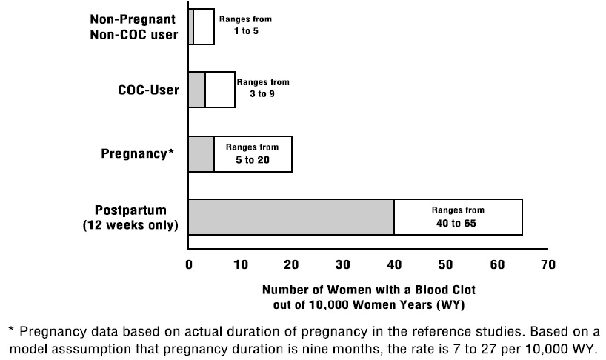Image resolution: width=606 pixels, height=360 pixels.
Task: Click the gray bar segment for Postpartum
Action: click(x=291, y=217)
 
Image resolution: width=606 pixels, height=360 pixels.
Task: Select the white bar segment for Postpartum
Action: click(x=458, y=217)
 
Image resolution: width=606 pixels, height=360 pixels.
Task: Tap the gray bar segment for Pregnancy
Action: click(x=202, y=154)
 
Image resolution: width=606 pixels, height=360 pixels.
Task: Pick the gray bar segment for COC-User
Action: click(x=197, y=90)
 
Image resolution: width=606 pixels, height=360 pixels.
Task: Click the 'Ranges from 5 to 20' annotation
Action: click(x=253, y=154)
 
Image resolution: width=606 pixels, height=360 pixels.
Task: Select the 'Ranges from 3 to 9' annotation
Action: click(x=262, y=89)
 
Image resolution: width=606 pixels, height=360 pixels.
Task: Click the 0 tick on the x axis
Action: click(x=189, y=264)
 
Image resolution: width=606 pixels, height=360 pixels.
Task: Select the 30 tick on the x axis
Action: click(x=343, y=264)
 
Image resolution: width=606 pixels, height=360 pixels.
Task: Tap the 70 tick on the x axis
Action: click(x=547, y=264)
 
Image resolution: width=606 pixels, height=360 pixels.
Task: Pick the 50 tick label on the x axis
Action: click(x=445, y=264)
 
